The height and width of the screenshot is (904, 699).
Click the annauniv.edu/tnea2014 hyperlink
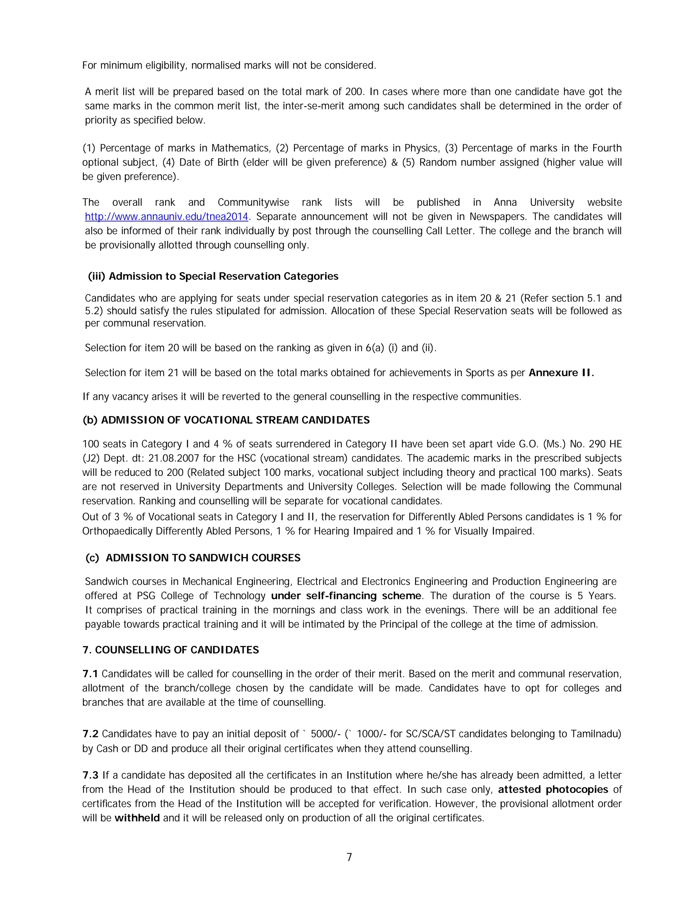point(167,217)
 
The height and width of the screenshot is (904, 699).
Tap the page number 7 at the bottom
point(349,857)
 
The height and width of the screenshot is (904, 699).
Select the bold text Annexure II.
point(561,373)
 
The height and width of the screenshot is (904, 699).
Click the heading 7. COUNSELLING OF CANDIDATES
point(171,650)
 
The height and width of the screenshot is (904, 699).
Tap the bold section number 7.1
point(90,674)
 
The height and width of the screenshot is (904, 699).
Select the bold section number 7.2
point(90,734)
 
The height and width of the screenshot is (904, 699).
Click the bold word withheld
point(137,818)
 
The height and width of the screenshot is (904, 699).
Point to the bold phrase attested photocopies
point(553,789)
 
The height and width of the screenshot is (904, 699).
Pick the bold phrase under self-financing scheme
point(346,596)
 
